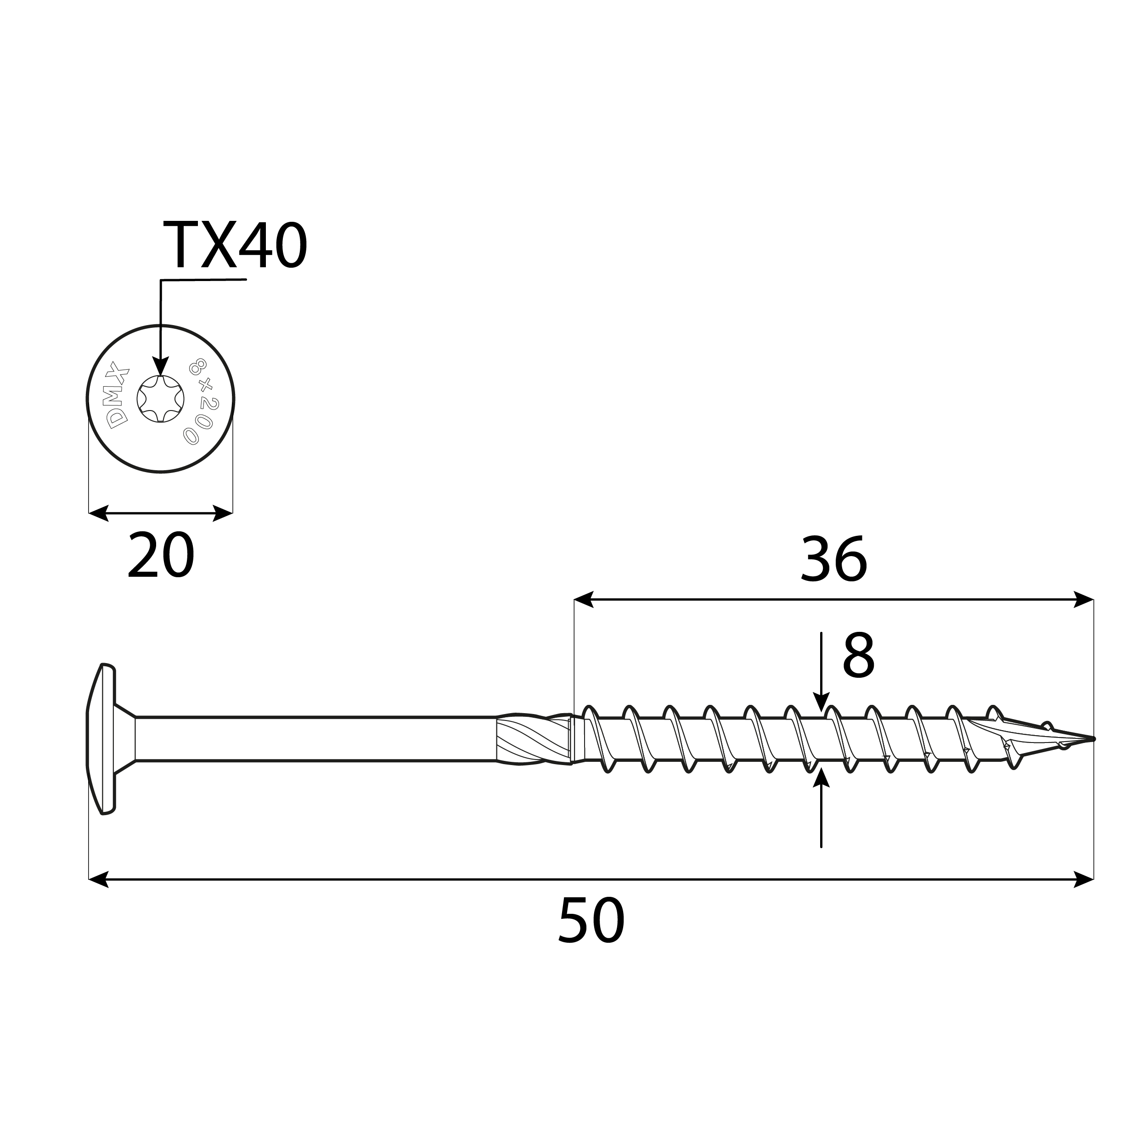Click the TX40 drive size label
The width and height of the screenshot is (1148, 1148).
pos(235,245)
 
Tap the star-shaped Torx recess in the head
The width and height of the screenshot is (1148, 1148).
pos(160,399)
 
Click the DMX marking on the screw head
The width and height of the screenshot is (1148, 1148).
pos(117,394)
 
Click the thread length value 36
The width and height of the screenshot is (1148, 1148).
pos(833,560)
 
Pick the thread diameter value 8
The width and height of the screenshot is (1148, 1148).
pos(858,657)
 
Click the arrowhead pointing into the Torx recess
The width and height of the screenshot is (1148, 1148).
pos(160,366)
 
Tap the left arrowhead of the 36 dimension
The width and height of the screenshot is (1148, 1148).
pos(584,600)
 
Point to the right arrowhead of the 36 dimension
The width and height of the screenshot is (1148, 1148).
pos(1083,600)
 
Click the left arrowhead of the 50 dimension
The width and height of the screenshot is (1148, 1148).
pos(99,879)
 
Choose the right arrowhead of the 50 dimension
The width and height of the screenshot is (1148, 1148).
pos(1083,879)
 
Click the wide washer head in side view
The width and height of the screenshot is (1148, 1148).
pos(102,738)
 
